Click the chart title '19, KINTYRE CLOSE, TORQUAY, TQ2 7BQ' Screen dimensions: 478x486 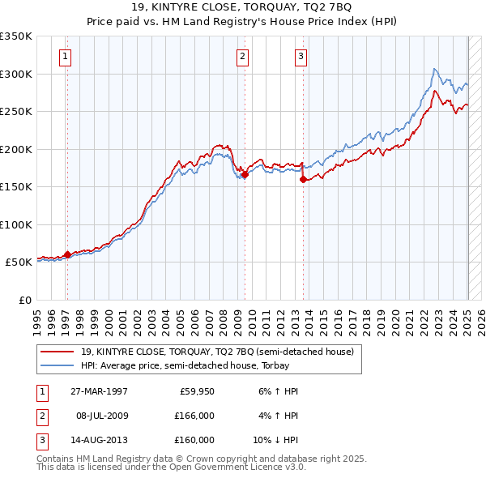click(242, 9)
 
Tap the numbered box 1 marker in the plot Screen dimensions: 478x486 click(65, 56)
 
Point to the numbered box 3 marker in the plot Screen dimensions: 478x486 click(301, 56)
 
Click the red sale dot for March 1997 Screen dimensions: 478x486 click(67, 254)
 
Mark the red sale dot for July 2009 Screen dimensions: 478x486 click(245, 174)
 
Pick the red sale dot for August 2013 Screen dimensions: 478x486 click(303, 180)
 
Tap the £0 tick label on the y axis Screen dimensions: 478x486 click(24, 300)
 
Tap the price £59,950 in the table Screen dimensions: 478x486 click(196, 391)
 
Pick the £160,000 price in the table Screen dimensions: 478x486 click(194, 440)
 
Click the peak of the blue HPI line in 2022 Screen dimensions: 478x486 click(436, 69)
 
